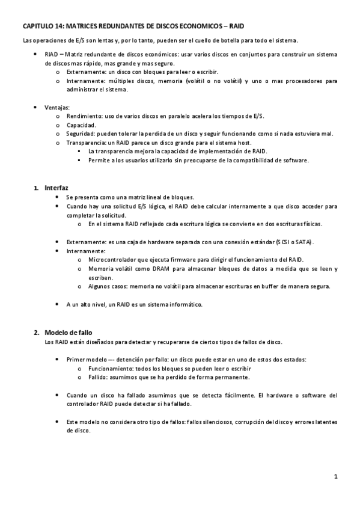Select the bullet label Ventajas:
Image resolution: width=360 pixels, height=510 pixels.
pos(57,107)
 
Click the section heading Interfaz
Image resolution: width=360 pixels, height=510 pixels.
pos(56,188)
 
